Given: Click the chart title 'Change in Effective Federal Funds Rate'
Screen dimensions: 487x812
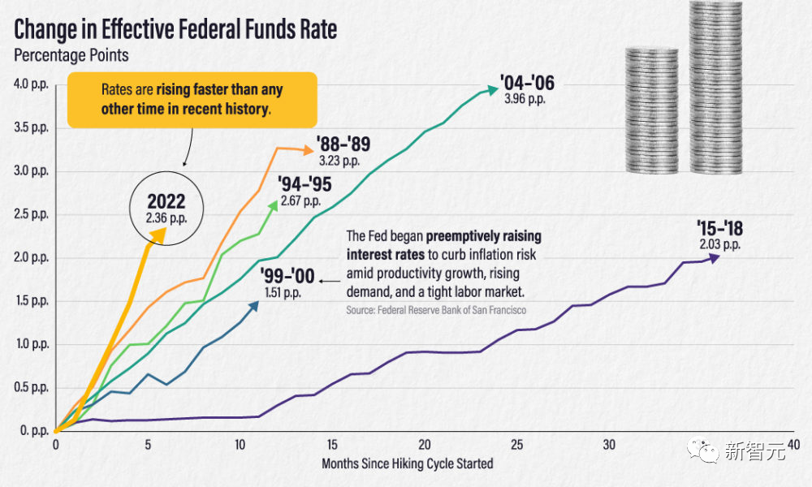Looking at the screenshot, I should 175,30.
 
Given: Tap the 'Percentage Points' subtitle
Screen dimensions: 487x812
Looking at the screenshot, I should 71,56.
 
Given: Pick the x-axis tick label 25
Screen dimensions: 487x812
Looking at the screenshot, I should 517,445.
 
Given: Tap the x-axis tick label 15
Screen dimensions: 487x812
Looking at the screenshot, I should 332,445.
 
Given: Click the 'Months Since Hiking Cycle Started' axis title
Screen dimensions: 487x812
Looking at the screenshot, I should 407,463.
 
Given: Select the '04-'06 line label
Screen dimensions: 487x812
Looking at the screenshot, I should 527,83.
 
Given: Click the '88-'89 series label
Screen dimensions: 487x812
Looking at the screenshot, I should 343,145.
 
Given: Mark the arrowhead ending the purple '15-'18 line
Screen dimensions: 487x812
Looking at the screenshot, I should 714,258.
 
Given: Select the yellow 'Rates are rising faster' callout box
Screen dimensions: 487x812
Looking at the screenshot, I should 192,99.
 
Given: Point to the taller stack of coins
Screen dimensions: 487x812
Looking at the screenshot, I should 715,88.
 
